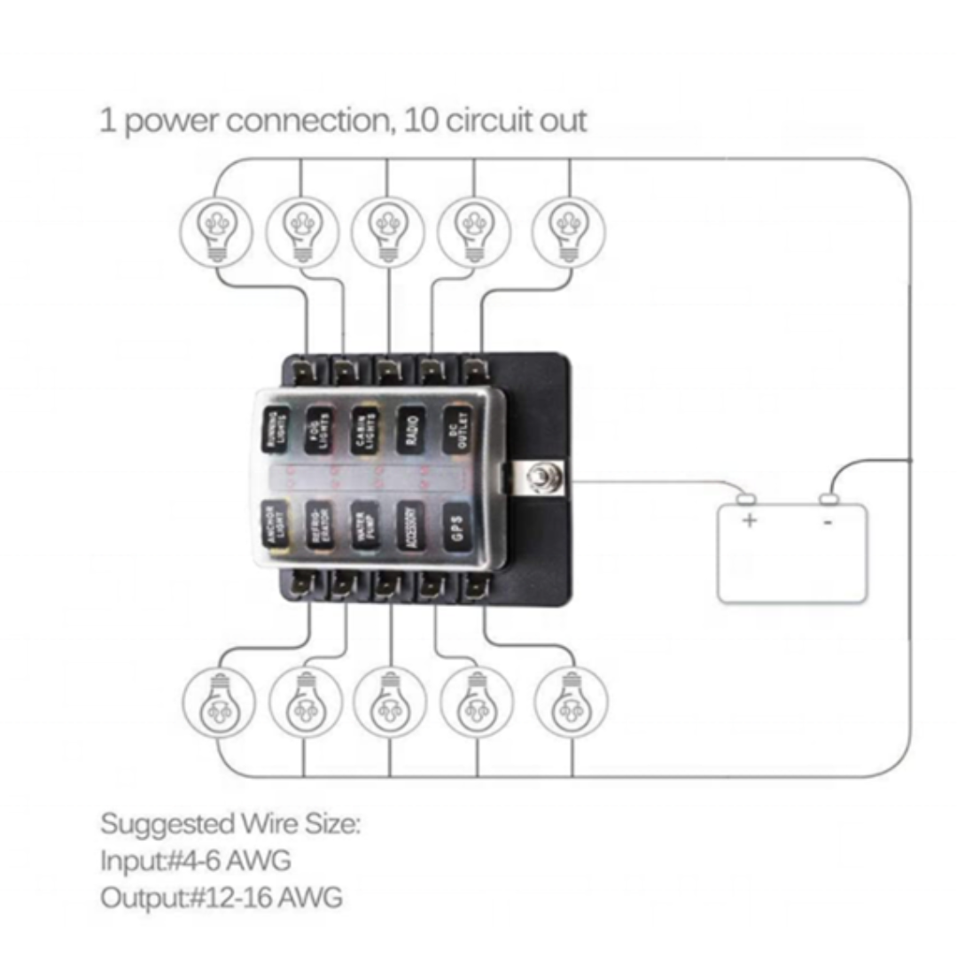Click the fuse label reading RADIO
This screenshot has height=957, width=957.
(x=409, y=430)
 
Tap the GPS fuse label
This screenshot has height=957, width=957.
(x=455, y=528)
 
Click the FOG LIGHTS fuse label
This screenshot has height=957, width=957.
(x=319, y=430)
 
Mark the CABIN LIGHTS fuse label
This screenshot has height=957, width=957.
(x=365, y=430)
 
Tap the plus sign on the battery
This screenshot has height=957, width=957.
(x=749, y=519)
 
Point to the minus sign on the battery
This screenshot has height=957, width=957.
(x=828, y=521)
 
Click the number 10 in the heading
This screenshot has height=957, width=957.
(x=420, y=120)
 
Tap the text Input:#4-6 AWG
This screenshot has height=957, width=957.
(x=195, y=860)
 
